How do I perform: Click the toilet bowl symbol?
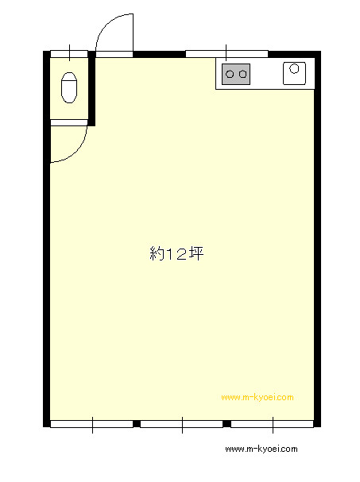69,87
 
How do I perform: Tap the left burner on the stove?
230,74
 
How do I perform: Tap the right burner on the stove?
242,74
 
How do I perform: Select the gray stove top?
236,74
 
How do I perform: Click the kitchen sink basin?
294,74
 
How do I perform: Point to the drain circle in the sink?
295,68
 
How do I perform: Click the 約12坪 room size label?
176,254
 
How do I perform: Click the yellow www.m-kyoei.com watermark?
257,397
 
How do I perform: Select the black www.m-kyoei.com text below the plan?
261,449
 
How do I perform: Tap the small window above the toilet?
69,54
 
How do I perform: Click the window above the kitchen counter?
226,54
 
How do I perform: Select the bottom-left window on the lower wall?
91,424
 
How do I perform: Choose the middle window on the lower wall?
181,424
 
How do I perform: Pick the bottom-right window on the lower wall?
273,424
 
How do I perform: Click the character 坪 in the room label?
196,254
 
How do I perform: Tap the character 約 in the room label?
157,254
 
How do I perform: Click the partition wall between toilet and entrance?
91,88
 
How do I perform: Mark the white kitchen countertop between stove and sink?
266,74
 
